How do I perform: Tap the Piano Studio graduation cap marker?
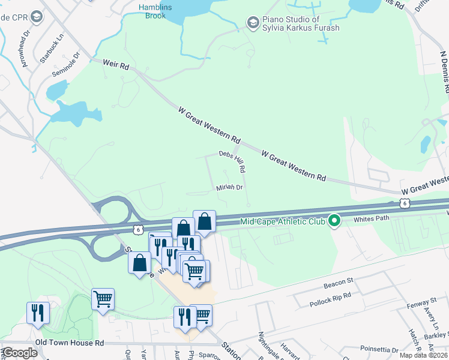(x=253, y=23)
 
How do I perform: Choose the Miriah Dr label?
(x=229, y=187)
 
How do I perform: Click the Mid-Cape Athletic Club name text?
(x=282, y=222)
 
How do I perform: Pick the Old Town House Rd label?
(x=70, y=343)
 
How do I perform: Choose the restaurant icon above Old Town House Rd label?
(x=36, y=313)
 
